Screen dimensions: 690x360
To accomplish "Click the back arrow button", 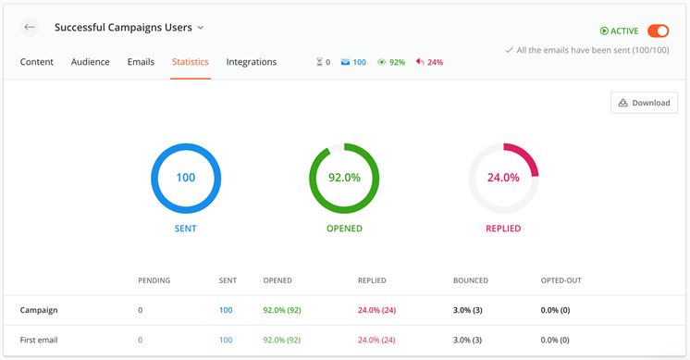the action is click(x=30, y=27).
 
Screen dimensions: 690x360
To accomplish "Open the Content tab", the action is click(x=36, y=62).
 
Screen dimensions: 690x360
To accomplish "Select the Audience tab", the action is click(x=91, y=62).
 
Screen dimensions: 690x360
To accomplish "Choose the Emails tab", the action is click(x=141, y=62).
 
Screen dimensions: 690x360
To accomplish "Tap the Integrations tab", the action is click(x=252, y=62).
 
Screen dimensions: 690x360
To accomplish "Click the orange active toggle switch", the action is click(x=658, y=31).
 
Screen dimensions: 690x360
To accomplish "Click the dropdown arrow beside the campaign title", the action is click(x=201, y=28).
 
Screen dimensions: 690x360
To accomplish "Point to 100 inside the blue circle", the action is click(x=186, y=178).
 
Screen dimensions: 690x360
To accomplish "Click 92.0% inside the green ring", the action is click(x=344, y=178).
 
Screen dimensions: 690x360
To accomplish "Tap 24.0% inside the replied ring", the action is click(x=503, y=178).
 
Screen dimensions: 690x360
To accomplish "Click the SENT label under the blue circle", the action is click(x=185, y=229).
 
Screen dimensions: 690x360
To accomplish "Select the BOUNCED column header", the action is click(x=471, y=280).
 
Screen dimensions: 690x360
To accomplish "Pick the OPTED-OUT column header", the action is click(x=561, y=280).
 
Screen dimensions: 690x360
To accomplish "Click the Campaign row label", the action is click(x=39, y=310).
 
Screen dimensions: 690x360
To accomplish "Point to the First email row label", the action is click(x=39, y=340).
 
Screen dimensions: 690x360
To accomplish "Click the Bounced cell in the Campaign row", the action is click(x=467, y=310).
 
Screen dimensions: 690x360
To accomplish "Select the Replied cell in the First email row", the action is click(x=376, y=340).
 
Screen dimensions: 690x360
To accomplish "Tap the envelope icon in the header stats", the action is click(x=345, y=62).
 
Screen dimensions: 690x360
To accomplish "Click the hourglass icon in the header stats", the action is click(x=319, y=62).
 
